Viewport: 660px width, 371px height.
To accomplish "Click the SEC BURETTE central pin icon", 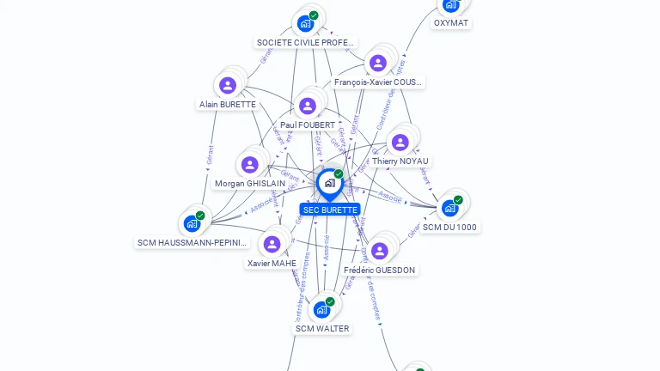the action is tap(329, 183).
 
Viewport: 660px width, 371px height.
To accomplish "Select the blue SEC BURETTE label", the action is tap(330, 210).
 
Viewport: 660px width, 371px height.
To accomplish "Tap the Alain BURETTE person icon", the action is tap(228, 85).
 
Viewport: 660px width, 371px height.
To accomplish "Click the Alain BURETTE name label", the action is tap(228, 105).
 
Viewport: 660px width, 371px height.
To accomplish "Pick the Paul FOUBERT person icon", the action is tap(307, 106).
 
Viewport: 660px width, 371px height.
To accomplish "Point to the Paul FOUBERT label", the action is tap(308, 125).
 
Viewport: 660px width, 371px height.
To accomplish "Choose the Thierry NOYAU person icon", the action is tap(400, 142).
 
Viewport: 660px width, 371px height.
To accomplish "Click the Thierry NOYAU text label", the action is tap(400, 161).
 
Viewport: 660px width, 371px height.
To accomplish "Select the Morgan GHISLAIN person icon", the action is tap(250, 164).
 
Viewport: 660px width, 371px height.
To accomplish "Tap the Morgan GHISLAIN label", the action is tap(250, 184).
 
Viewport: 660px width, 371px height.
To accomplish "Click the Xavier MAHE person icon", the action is tap(272, 244).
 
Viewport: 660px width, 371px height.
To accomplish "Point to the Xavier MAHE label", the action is tap(272, 264).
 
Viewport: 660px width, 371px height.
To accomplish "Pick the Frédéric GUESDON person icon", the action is tap(379, 251).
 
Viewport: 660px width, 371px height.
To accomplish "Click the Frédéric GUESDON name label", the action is tap(379, 271).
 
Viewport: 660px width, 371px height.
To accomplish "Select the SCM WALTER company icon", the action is tap(322, 309).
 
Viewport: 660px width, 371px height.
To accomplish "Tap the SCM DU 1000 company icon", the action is tap(450, 208).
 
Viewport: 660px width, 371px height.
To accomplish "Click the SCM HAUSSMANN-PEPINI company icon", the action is tap(192, 223).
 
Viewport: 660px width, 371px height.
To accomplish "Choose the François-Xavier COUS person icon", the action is tap(377, 63).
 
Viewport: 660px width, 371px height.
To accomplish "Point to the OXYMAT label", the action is tap(451, 23).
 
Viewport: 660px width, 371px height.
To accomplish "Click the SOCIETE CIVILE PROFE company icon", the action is tap(305, 23).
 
